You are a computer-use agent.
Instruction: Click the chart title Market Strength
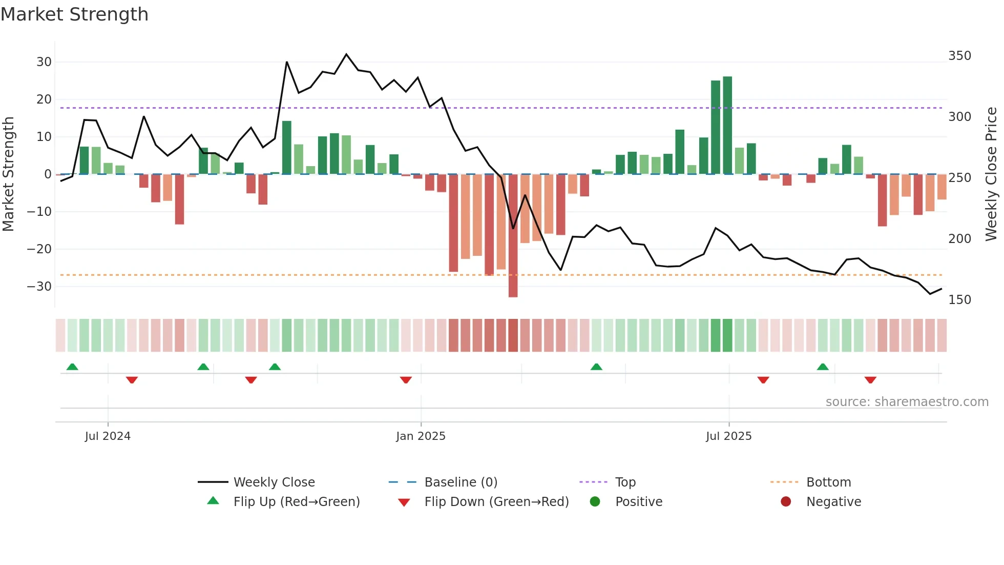tap(74, 14)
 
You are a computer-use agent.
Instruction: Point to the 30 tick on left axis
tap(44, 62)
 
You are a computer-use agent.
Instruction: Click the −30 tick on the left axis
tap(39, 287)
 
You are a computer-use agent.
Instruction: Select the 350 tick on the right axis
tap(959, 56)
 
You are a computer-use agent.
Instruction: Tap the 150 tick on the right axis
tap(959, 300)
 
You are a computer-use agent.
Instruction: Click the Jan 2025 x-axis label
tap(421, 436)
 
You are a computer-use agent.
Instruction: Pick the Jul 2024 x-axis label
tap(108, 436)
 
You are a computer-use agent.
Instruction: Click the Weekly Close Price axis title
tap(991, 174)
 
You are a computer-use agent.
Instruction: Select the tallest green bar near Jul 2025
tap(727, 126)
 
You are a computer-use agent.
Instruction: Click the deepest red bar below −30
tap(513, 236)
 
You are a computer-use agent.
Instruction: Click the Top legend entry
tap(625, 482)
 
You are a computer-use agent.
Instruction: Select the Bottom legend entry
tap(828, 482)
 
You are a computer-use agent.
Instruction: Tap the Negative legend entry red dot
tap(786, 502)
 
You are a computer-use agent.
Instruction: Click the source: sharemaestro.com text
tap(907, 402)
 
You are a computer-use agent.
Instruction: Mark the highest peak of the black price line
tap(346, 54)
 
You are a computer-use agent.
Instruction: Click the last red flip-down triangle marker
tap(870, 380)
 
